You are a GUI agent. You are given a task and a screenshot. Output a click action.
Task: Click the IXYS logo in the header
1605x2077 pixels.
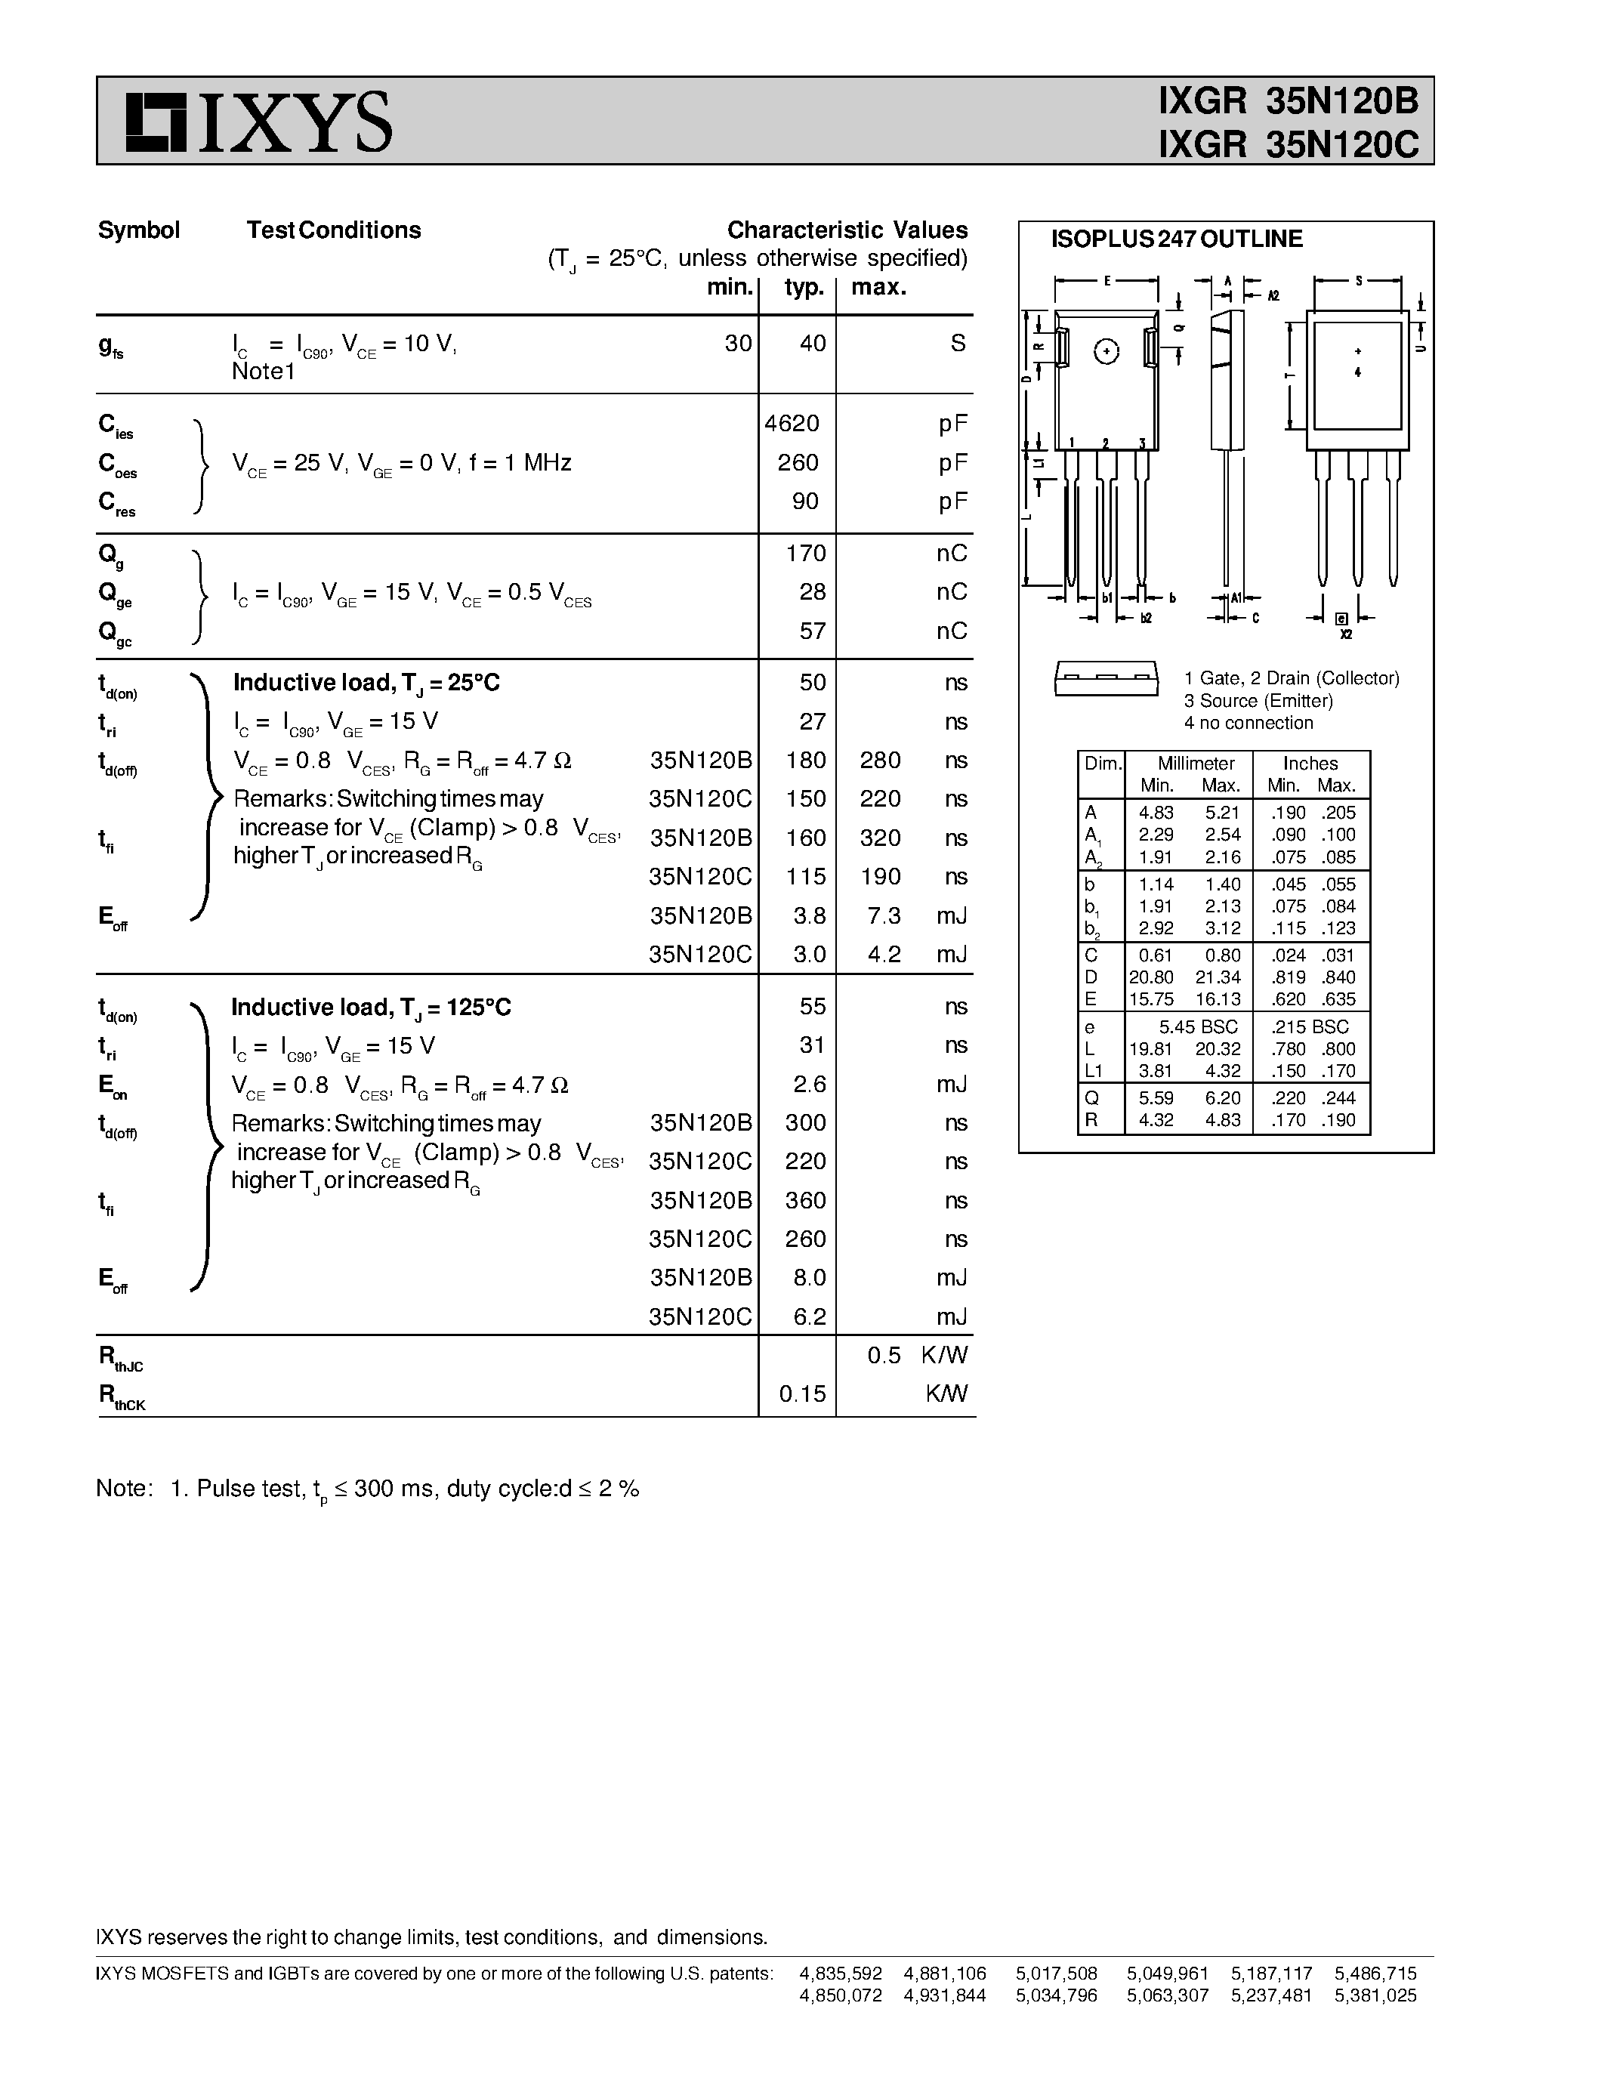click(258, 122)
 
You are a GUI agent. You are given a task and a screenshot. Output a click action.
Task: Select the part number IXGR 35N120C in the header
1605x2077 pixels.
click(1289, 144)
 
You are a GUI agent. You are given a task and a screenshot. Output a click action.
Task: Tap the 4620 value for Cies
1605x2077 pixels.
click(792, 423)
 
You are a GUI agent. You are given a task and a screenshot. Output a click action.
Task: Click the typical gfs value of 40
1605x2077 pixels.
click(812, 344)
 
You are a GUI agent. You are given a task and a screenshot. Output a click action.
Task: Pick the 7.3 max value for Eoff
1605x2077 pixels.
click(884, 915)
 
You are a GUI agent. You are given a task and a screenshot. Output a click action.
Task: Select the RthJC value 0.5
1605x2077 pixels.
click(884, 1355)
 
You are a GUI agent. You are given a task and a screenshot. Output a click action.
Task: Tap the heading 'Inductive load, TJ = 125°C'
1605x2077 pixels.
click(371, 1007)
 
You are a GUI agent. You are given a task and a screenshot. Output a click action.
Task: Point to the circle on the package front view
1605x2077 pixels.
click(1106, 352)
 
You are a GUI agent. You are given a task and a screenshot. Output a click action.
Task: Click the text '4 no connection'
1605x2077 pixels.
click(1249, 723)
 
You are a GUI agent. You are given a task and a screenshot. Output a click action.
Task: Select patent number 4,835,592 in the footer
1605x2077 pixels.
click(841, 1974)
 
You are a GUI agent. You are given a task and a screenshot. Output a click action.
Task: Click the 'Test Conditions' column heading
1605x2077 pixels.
click(334, 230)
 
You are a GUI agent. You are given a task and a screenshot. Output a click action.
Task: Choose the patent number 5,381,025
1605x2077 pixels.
click(1375, 1995)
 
